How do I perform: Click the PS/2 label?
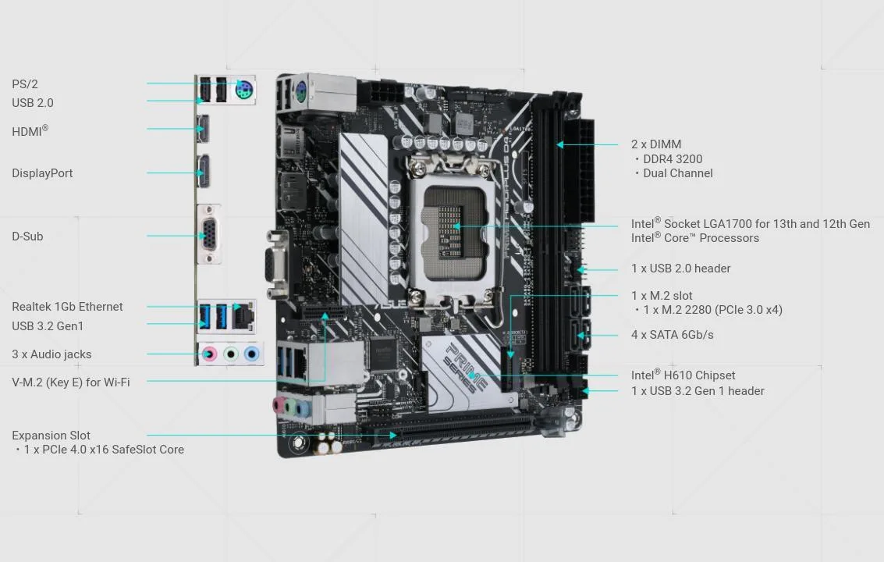[x=25, y=84]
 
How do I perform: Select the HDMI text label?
[x=30, y=131]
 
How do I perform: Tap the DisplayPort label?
[x=42, y=173]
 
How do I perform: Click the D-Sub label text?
[x=27, y=237]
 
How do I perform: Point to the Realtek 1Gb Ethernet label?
[x=67, y=307]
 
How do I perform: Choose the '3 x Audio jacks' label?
[x=51, y=354]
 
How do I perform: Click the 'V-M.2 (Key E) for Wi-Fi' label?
[x=71, y=382]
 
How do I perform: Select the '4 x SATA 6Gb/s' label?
[x=672, y=335]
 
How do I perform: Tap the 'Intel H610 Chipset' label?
[x=683, y=375]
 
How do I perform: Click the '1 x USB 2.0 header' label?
[x=680, y=269]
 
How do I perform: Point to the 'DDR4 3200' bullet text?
[x=673, y=159]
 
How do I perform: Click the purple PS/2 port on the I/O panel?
[x=244, y=88]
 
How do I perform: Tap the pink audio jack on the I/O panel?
[x=209, y=354]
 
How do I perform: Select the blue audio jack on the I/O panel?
[x=251, y=354]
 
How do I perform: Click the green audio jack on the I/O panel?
[x=231, y=354]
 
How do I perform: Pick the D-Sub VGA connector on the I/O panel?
[x=208, y=234]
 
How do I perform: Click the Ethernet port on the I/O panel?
[x=243, y=317]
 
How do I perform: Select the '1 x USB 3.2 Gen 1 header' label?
[x=698, y=391]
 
